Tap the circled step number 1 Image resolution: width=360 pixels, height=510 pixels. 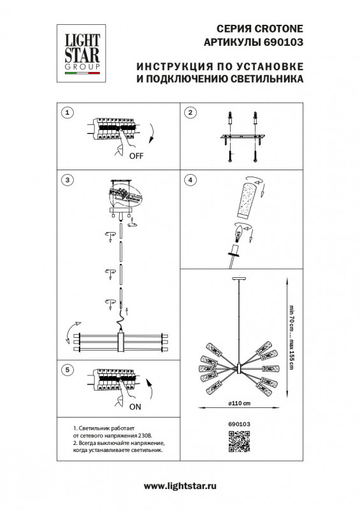pos(66,112)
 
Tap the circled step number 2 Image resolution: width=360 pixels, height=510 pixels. pos(189,112)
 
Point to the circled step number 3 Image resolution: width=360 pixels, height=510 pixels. pos(66,180)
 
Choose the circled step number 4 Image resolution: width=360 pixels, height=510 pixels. pos(189,180)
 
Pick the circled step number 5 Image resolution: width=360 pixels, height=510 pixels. pos(66,370)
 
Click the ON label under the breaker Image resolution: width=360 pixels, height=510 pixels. pos(136,405)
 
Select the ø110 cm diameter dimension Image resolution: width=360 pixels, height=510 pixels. pos(240,404)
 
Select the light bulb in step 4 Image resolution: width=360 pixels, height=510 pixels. pos(238,237)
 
